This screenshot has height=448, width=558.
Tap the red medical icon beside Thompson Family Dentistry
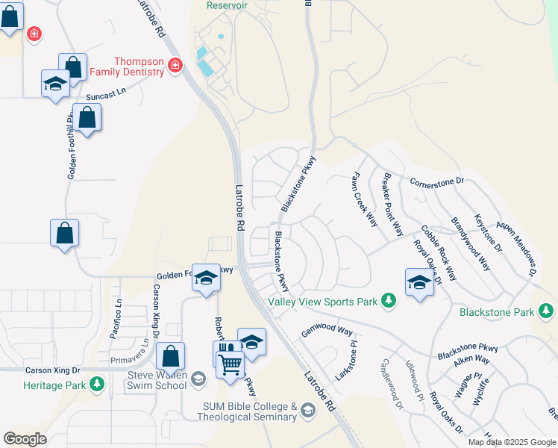[175, 66]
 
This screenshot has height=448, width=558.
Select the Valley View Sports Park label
[323, 302]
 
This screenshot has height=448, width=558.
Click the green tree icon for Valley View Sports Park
[388, 301]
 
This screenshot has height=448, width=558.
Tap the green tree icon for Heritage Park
[96, 384]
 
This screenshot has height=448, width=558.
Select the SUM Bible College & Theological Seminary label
[249, 411]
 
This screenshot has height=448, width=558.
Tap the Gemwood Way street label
[326, 330]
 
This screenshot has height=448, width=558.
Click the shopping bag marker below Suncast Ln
[87, 117]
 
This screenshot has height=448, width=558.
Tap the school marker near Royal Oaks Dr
[419, 283]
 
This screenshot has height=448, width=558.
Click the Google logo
[25, 439]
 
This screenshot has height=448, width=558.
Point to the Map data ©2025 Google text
[512, 442]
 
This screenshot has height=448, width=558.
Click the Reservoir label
[226, 5]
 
